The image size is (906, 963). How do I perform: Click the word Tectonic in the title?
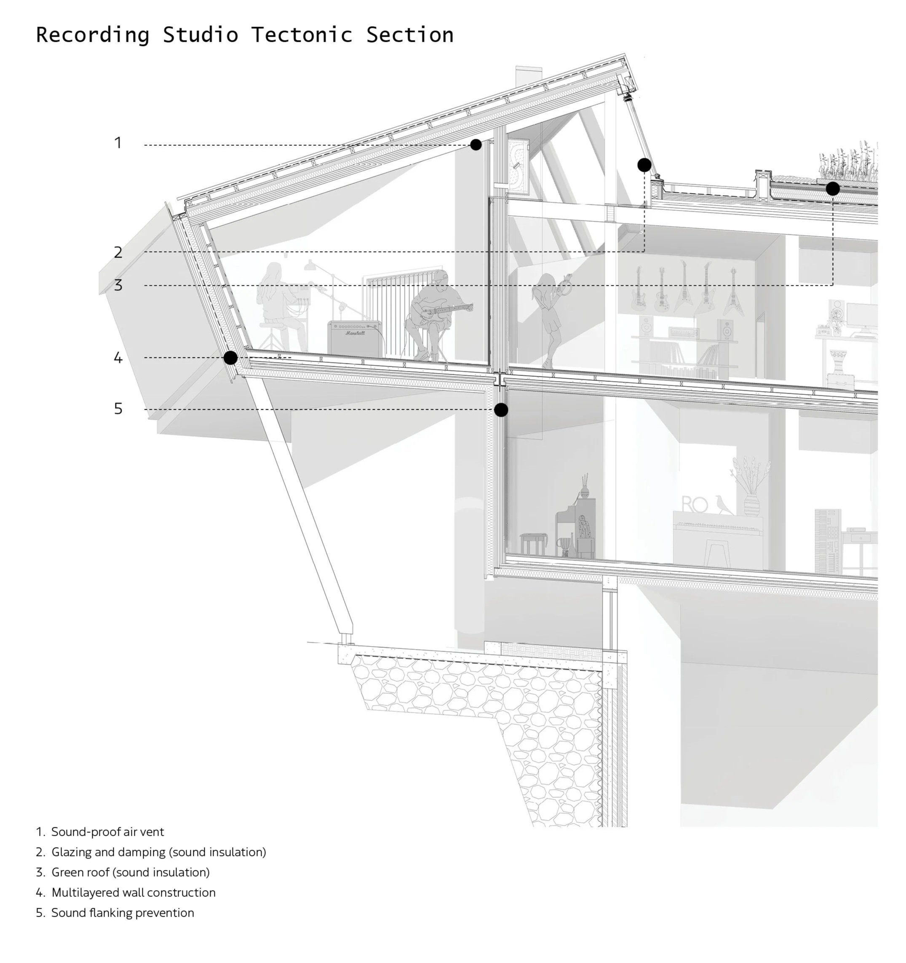click(301, 35)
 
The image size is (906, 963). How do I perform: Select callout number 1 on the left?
click(118, 143)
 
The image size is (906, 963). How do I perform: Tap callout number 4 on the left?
click(118, 358)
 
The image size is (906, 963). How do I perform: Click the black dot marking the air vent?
click(476, 145)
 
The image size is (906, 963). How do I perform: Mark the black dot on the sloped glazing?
click(644, 165)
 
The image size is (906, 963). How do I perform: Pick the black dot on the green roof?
click(832, 188)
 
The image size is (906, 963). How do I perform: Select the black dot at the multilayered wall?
click(230, 358)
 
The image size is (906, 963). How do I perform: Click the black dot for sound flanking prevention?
click(501, 410)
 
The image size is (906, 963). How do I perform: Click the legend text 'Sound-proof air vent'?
click(107, 832)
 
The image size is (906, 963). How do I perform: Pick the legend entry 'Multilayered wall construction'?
click(133, 892)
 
